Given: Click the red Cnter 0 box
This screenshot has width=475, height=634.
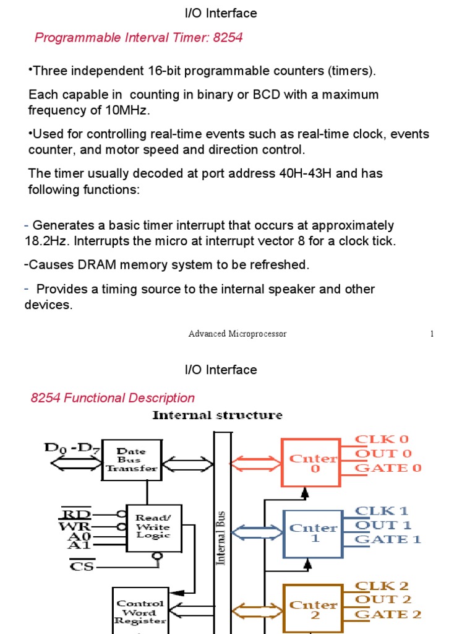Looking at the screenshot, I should click(310, 462).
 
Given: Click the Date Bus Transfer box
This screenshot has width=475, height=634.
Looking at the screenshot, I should click(132, 460).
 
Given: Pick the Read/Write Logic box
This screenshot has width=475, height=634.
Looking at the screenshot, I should click(153, 527).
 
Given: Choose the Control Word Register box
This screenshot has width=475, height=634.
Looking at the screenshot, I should click(140, 611).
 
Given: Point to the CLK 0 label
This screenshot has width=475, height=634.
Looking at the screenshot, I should click(382, 439).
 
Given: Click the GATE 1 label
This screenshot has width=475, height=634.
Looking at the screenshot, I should click(388, 539).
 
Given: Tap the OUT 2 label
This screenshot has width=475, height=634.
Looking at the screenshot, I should click(383, 599).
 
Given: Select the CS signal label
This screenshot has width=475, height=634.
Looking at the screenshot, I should click(82, 565).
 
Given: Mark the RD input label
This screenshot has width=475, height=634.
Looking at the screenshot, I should click(75, 514).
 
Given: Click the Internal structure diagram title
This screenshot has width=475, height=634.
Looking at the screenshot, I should click(217, 415).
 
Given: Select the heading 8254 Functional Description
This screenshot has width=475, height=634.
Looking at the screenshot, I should click(113, 398).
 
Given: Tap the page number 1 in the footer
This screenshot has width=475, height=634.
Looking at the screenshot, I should click(432, 334).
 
